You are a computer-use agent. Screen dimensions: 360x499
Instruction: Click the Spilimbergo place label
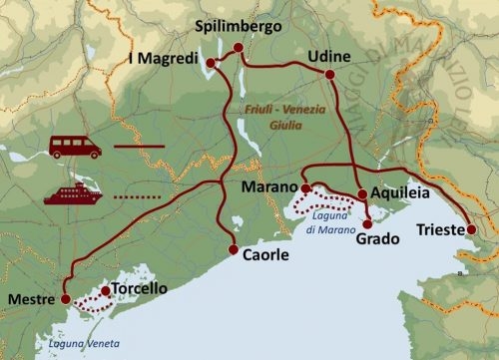pos(240,27)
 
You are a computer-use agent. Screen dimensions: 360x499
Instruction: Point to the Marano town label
pos(269,186)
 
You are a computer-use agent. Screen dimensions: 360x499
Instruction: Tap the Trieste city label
pos(440,230)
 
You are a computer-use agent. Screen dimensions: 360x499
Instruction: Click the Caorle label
pos(265,255)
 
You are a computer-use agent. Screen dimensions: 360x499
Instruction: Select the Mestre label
pos(30,297)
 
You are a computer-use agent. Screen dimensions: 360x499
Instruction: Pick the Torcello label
pos(139,289)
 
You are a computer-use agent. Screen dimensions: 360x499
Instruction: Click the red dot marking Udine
pos(329,73)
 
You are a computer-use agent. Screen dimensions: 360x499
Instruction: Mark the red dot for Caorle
pos(234,250)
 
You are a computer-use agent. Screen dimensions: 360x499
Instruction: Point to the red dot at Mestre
pos(66,298)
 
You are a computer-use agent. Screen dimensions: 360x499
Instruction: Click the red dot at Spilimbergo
pos(238,47)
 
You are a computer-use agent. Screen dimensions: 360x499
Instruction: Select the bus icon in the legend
pos(74,147)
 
